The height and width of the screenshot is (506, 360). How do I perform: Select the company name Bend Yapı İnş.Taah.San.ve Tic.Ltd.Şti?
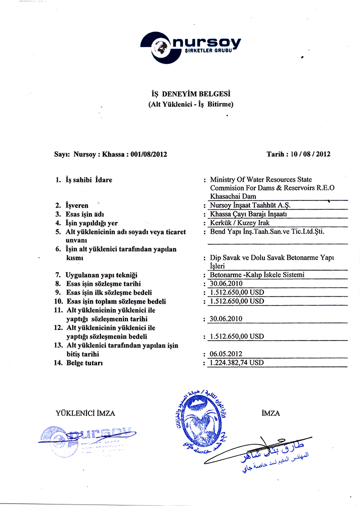(267, 232)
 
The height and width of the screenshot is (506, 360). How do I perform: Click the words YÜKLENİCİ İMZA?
(85, 413)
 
